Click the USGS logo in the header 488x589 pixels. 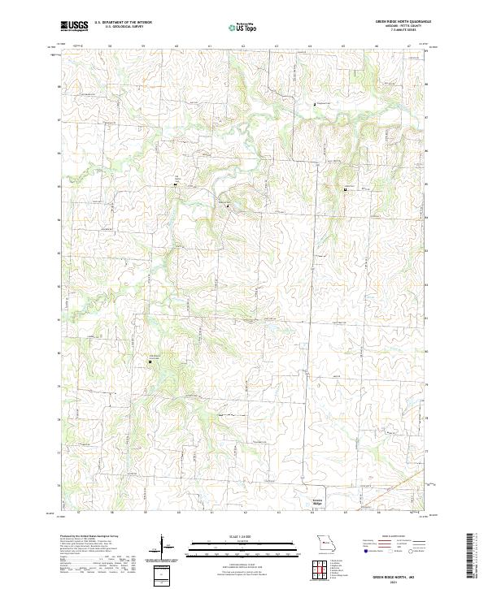pos(74,26)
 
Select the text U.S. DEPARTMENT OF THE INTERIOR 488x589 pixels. pos(124,21)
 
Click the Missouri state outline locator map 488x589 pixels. pos(326,542)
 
